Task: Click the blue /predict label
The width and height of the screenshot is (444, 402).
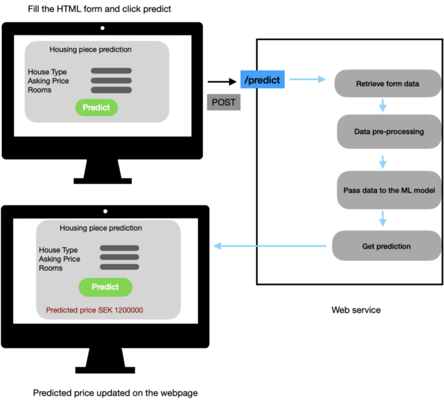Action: (x=263, y=80)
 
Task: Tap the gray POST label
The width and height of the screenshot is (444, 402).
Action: (x=223, y=102)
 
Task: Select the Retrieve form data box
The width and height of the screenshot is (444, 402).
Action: (x=387, y=84)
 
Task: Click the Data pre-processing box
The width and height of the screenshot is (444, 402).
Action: (x=388, y=132)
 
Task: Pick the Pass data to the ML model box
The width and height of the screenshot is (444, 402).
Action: (x=388, y=190)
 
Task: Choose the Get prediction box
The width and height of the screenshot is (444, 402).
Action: (x=386, y=246)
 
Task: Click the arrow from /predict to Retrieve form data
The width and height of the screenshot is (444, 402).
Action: (x=307, y=79)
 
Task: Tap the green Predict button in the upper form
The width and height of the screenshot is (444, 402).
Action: (x=96, y=107)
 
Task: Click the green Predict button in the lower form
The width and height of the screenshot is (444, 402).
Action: (x=105, y=287)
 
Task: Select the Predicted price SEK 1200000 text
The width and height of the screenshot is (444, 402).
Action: (x=95, y=310)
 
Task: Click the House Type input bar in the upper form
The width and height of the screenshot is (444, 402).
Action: (x=111, y=71)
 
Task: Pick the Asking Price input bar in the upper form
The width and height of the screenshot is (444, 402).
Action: (x=111, y=81)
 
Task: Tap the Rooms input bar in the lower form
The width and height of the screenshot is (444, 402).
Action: (x=119, y=267)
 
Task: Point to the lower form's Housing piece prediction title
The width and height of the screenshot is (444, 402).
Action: (x=101, y=228)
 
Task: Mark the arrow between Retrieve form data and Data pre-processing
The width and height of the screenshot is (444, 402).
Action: (x=382, y=105)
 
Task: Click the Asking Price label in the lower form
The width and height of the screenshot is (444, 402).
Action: (x=60, y=259)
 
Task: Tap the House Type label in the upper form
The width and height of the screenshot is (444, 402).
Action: (x=47, y=72)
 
